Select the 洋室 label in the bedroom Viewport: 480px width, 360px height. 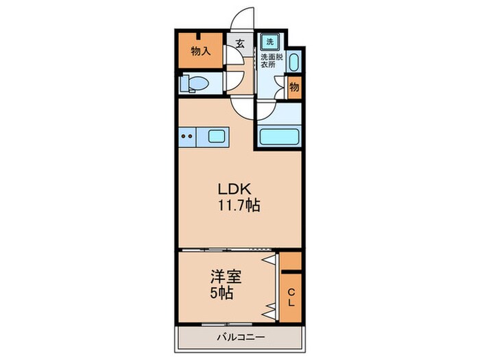tap(225, 278)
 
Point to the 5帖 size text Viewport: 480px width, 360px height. tap(221, 293)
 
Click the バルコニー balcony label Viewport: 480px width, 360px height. tap(240, 337)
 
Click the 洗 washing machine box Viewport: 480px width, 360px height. tap(270, 40)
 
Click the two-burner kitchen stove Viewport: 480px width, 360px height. tap(188, 136)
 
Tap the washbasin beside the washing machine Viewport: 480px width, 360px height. tap(293, 64)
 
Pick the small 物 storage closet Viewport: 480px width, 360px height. tap(293, 87)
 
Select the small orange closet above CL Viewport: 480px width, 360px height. tap(291, 261)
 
